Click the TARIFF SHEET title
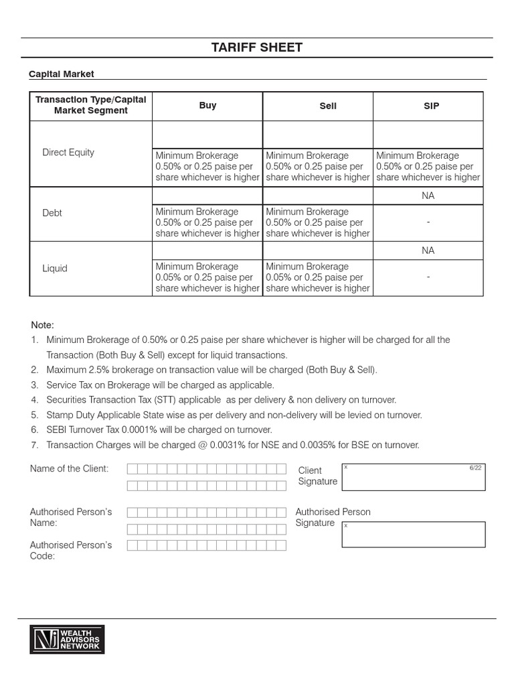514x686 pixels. click(257, 48)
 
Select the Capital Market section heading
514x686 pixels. click(61, 74)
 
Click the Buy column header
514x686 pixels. click(207, 105)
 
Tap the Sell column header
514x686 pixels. click(318, 106)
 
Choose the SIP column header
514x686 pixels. click(431, 106)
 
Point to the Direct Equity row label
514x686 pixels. click(68, 152)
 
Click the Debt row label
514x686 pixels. click(52, 213)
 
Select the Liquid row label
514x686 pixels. click(55, 268)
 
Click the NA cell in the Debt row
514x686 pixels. click(428, 196)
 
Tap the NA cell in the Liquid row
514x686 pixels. click(428, 251)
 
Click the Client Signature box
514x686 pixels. click(413, 476)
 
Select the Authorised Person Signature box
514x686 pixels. click(413, 535)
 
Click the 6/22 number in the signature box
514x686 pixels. click(475, 468)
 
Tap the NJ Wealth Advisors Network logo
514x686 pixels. click(66, 639)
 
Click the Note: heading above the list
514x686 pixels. click(42, 325)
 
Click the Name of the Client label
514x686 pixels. click(69, 468)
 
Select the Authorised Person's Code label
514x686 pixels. click(70, 550)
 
